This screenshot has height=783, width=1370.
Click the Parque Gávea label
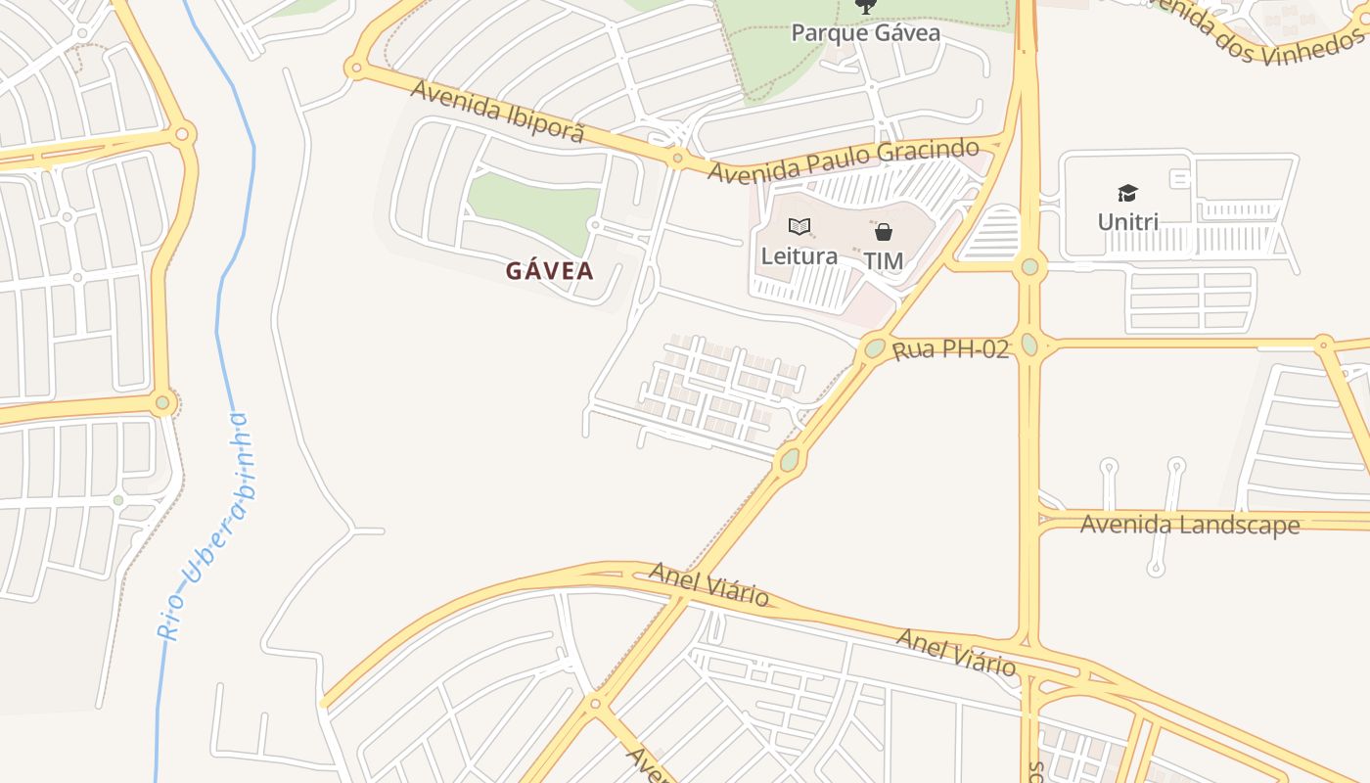tap(865, 33)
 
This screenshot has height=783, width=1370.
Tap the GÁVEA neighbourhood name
tap(550, 271)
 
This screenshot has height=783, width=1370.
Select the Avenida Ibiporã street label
tap(497, 111)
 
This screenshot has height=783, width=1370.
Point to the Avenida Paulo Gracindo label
tap(843, 161)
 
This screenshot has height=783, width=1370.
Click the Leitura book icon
tap(799, 227)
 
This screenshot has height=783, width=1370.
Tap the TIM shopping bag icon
tap(883, 232)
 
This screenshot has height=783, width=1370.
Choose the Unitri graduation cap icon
tap(1128, 193)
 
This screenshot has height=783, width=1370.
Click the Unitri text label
tap(1128, 222)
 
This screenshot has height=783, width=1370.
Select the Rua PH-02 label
tap(950, 349)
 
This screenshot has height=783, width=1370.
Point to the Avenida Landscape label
tap(1189, 525)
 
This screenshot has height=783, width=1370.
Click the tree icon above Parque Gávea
tap(865, 7)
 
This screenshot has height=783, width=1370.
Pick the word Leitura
tap(799, 256)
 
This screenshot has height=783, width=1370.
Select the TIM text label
tap(883, 261)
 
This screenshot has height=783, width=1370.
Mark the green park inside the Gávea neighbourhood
tap(533, 203)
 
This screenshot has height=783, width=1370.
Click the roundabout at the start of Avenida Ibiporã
tap(354, 69)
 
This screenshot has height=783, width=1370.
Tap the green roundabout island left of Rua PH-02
tap(875, 347)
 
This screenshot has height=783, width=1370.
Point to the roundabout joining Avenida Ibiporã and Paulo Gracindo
tap(676, 158)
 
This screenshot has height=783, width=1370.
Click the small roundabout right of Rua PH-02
tap(1323, 344)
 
